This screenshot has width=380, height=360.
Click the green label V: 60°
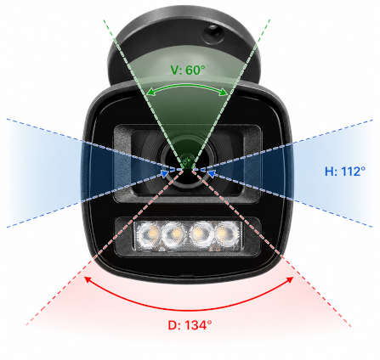(x=188, y=70)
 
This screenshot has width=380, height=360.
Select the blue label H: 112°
(x=345, y=172)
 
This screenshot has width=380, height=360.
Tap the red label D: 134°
(x=190, y=325)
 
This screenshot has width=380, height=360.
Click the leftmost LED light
(x=149, y=234)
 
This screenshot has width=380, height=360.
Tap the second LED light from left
(x=175, y=234)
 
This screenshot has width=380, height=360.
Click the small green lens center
(x=187, y=161)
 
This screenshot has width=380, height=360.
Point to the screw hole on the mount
(x=213, y=34)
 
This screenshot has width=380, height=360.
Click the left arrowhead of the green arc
(x=150, y=93)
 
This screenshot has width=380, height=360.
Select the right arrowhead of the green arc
(x=224, y=92)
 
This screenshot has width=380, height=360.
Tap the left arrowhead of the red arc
(x=88, y=279)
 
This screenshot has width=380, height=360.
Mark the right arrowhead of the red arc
(x=291, y=279)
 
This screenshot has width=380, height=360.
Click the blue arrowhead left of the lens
(x=164, y=173)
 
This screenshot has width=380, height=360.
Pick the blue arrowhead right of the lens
(x=211, y=173)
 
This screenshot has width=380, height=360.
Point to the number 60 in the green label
(x=193, y=70)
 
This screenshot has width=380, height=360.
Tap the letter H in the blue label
(x=329, y=172)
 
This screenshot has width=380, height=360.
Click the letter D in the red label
(x=173, y=325)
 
